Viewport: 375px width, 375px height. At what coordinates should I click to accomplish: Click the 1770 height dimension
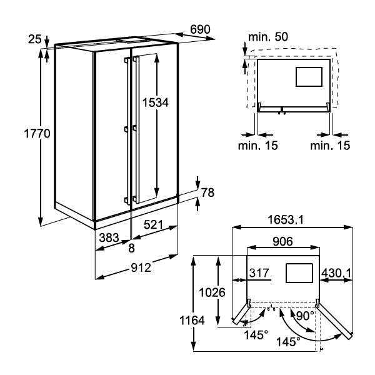click(37, 133)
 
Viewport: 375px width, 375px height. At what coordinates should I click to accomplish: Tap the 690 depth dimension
click(200, 29)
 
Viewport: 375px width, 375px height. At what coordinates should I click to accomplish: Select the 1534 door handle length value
click(156, 102)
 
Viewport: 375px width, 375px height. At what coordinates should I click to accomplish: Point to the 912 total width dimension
click(141, 267)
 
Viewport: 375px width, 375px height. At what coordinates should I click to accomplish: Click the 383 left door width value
click(109, 237)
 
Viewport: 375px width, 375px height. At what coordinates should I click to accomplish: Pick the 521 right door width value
click(154, 225)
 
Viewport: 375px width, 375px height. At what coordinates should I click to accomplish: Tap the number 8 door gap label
click(131, 248)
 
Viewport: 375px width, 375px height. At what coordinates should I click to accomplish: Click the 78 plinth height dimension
click(207, 192)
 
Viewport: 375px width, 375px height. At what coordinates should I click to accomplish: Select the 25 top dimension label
click(35, 39)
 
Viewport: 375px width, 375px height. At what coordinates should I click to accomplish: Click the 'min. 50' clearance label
click(268, 37)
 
